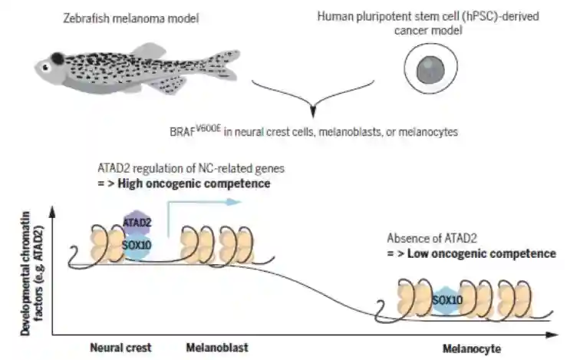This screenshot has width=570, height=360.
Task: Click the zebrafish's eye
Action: [x=58, y=59]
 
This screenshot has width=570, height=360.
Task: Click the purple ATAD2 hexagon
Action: [x=137, y=223]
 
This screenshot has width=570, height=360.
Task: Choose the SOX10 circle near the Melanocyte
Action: [x=447, y=300]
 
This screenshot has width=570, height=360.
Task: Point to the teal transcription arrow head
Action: [x=236, y=203]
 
